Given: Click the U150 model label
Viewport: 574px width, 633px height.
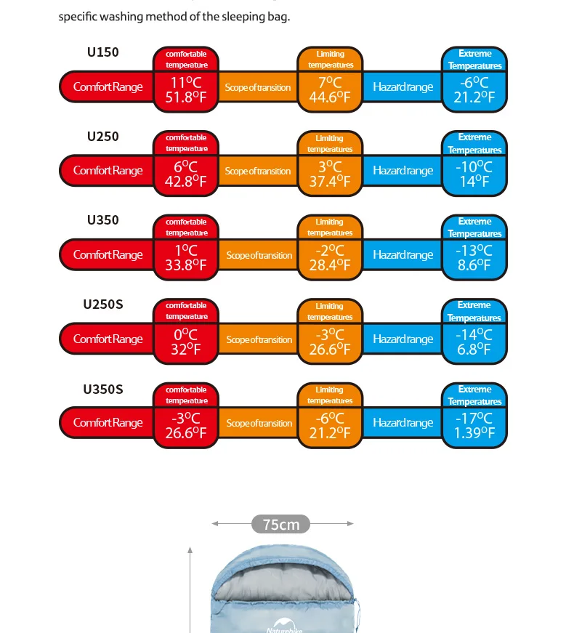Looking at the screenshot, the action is tap(102, 52).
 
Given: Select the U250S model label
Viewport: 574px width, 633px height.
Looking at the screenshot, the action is tap(102, 305).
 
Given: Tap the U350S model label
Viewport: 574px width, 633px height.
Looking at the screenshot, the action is tap(102, 389).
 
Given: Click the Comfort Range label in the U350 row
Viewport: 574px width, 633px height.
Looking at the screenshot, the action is tap(108, 255).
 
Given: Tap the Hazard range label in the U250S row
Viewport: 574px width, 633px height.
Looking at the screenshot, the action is tap(403, 339).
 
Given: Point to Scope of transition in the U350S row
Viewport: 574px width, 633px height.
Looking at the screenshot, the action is tap(259, 423).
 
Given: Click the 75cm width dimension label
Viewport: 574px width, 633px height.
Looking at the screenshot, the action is tap(281, 524).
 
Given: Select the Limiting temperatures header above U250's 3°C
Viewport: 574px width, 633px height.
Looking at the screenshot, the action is tap(330, 143).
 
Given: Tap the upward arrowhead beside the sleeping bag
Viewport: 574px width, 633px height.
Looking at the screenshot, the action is tap(190, 551).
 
